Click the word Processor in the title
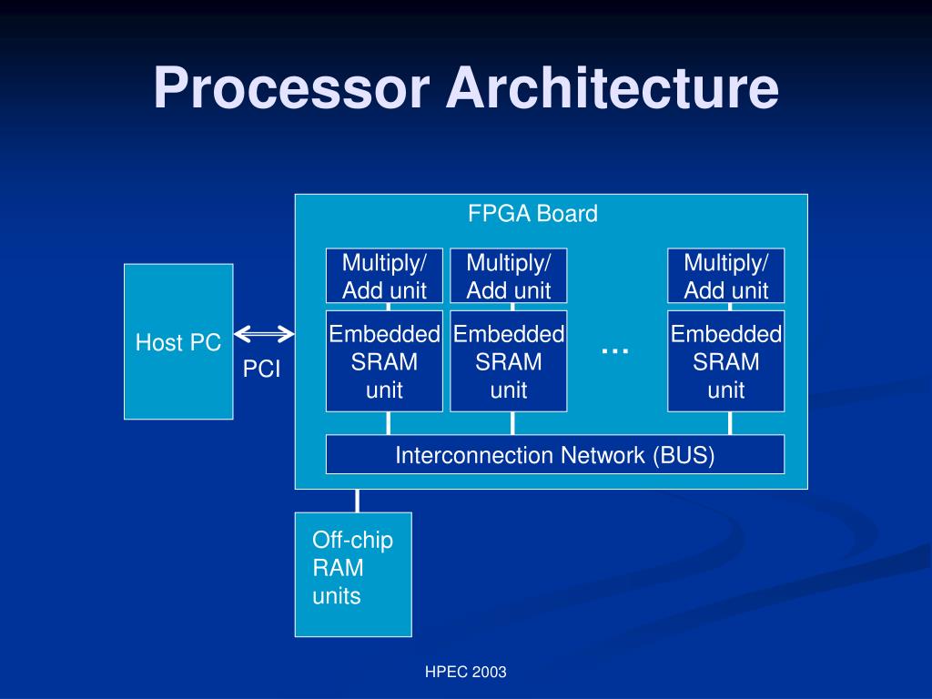click(290, 89)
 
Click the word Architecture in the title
click(612, 89)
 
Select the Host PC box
click(178, 341)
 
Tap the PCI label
click(261, 370)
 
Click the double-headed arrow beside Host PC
click(264, 334)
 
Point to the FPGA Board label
click(532, 214)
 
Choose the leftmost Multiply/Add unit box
click(384, 276)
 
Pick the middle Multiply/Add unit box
click(508, 276)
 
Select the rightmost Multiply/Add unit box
click(725, 276)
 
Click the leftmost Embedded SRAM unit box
click(384, 361)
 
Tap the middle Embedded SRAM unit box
click(508, 361)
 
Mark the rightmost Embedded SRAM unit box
click(725, 361)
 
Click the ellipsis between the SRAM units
click(615, 349)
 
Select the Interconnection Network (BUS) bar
click(554, 454)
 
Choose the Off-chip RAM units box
click(353, 574)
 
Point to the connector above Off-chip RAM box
click(358, 501)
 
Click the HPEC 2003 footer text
click(465, 673)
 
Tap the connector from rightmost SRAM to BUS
click(731, 423)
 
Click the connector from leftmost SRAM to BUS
click(389, 423)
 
